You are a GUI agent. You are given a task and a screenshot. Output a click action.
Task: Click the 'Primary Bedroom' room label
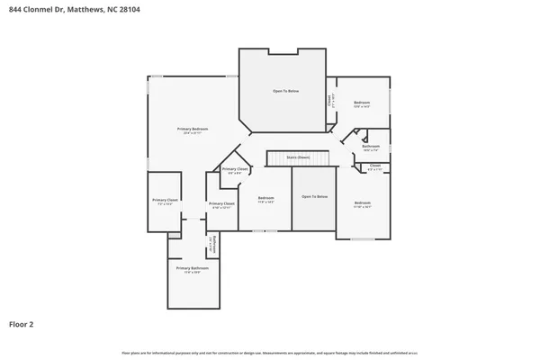195,129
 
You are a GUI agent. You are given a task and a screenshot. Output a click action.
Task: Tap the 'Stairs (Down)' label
298,157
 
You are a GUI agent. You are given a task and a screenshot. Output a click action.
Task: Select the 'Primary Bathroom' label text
192,268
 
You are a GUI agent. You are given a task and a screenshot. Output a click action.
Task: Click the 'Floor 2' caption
22,323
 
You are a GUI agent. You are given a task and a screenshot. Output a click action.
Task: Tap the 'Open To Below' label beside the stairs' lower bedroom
314,196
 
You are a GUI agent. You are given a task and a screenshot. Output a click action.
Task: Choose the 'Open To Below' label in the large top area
285,92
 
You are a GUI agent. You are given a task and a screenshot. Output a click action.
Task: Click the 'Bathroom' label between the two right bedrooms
371,146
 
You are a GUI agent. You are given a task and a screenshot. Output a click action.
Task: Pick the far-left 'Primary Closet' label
165,200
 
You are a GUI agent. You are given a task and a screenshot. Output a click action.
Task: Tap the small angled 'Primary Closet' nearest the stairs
236,169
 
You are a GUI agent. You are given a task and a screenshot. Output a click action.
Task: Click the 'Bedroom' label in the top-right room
362,103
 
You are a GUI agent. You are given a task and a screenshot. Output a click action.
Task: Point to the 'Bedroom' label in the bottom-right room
362,202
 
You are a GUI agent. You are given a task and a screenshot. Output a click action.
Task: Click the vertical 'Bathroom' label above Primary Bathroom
211,245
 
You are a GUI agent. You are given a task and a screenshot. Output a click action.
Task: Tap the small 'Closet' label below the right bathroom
375,166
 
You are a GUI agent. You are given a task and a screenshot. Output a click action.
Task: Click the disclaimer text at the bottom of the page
269,353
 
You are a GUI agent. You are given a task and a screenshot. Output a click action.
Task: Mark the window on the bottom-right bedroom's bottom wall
363,239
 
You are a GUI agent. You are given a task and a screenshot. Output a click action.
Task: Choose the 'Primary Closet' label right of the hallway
221,203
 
